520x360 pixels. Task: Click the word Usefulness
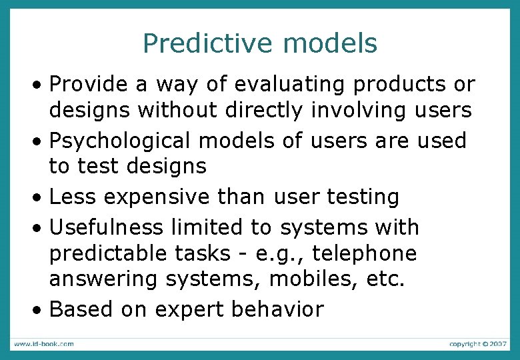(107, 227)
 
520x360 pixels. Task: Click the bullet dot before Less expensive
(41, 198)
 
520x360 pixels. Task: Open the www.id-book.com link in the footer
(44, 344)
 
